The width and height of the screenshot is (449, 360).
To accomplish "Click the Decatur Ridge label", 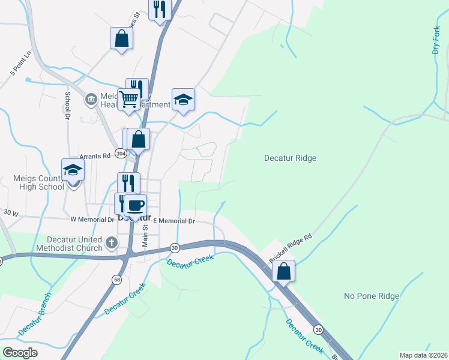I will pos(290,158).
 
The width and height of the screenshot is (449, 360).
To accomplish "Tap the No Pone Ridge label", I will pos(371,296).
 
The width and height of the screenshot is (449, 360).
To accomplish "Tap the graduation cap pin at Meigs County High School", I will pos(73,170).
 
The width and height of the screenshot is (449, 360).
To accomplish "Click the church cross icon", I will pos(110,243).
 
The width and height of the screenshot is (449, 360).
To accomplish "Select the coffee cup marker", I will pos(135,205).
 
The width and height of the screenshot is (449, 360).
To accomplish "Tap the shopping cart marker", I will pos(128,99).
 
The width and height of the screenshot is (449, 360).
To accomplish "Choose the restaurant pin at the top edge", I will pos(160,9).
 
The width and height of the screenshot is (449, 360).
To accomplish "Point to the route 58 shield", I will pos(116,280).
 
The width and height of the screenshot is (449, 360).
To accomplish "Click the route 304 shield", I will pos(121,154).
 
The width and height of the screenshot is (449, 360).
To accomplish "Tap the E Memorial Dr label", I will pos(174,221).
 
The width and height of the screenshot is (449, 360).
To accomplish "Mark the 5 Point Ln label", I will pos(21,64).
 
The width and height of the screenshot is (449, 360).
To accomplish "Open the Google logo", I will pos(20,352).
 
